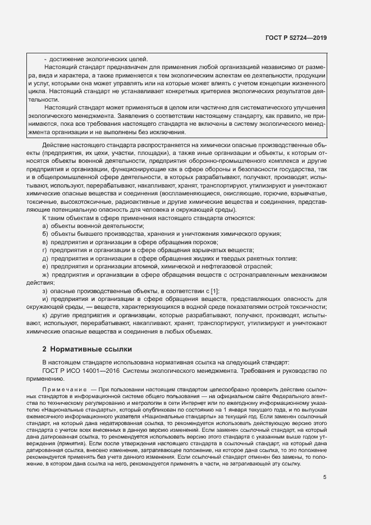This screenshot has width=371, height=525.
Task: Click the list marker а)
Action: (x=45, y=226)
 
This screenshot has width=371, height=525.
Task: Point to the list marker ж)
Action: (x=45, y=275)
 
